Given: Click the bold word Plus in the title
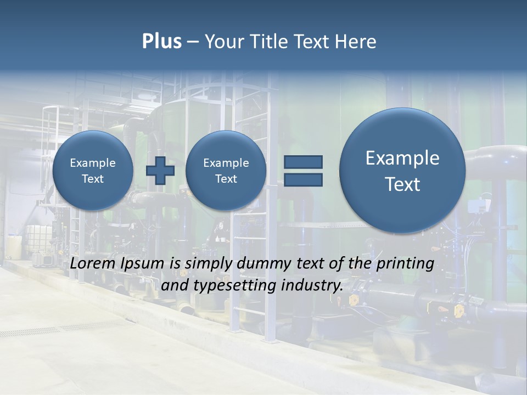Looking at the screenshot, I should click(161, 42).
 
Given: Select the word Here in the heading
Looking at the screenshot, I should click(356, 42).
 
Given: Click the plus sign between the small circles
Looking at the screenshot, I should click(160, 171).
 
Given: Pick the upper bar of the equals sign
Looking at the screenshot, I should click(303, 162).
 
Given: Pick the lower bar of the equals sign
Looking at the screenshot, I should click(303, 179).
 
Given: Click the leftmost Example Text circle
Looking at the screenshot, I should click(93, 171).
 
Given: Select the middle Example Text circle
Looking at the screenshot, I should click(226, 171).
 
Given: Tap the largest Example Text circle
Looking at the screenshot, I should click(402, 171).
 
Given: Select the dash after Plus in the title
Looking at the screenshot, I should click(193, 42).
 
